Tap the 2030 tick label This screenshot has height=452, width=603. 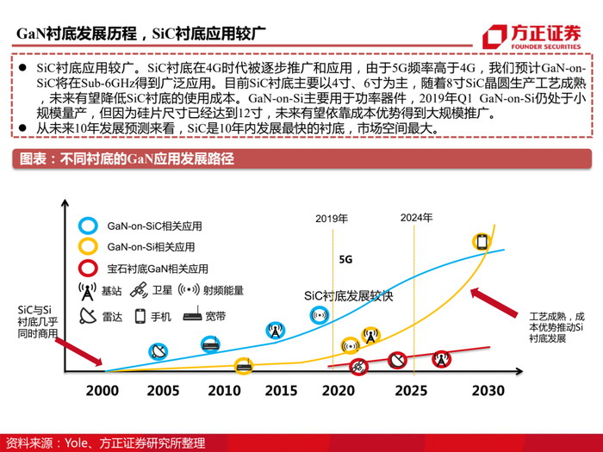tap(487, 390)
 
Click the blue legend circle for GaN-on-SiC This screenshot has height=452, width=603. tap(86, 226)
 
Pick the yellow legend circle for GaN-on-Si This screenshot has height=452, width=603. tap(86, 248)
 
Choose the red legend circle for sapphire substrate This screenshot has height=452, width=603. tap(86, 269)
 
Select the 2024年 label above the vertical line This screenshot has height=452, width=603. tap(416, 217)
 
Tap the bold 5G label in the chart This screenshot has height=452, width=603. tap(346, 258)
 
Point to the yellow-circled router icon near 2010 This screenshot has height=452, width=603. tap(244, 365)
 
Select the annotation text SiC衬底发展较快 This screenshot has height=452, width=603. tap(349, 295)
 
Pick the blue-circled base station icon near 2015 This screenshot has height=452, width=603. tap(275, 329)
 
